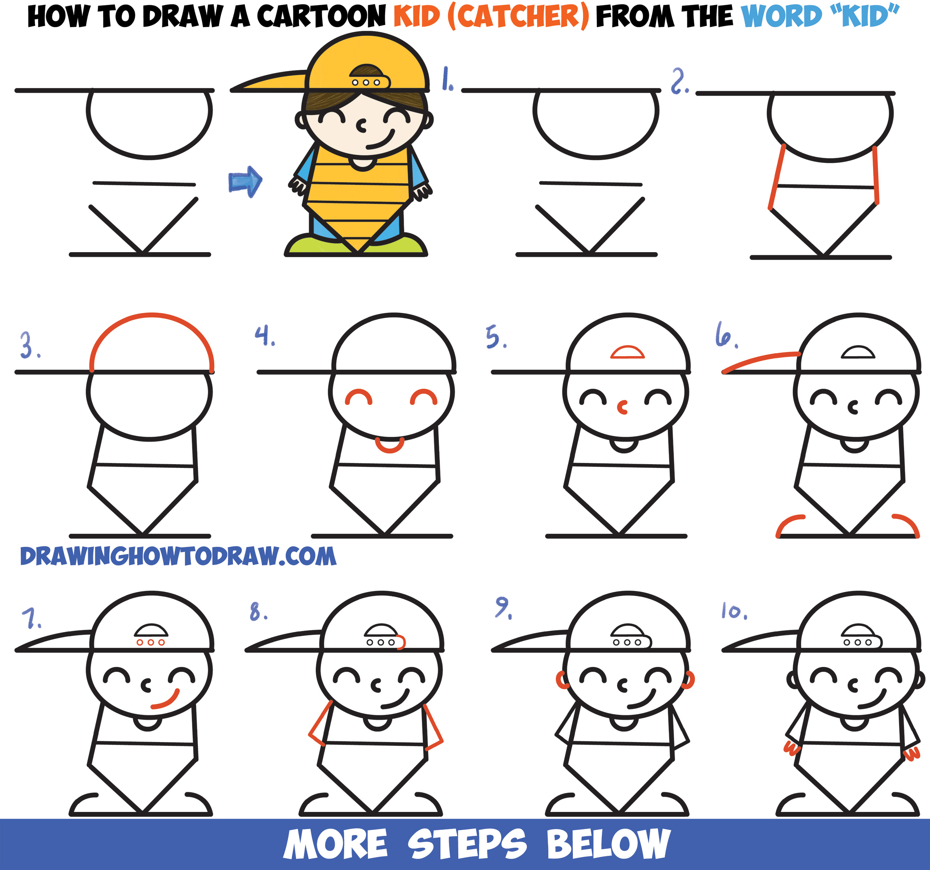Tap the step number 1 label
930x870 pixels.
(447, 78)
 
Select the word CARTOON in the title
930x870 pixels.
(321, 16)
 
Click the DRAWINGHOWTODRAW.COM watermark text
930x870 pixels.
(178, 556)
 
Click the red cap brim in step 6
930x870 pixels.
(760, 360)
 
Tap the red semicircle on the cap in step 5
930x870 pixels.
(627, 352)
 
